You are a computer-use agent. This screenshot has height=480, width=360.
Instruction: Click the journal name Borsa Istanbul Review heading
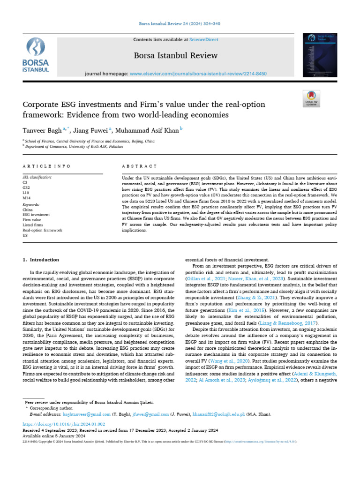[176, 55]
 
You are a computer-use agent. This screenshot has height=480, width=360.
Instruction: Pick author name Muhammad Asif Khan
[148, 130]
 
